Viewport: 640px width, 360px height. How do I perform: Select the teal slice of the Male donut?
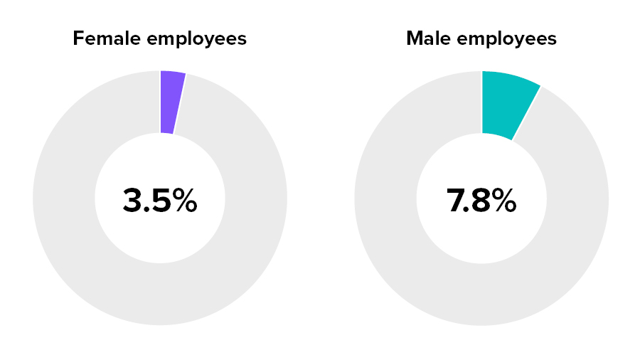tap(506, 103)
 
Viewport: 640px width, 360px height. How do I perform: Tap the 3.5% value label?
tap(160, 201)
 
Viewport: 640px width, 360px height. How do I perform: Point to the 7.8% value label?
tap(481, 201)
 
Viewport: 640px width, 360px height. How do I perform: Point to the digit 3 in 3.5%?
tap(132, 201)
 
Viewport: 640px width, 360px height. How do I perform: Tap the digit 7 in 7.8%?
tap(455, 201)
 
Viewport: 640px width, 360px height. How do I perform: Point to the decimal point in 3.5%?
tap(145, 211)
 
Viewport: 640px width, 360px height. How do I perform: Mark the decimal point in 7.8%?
tap(466, 211)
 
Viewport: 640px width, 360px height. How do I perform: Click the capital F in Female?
tap(78, 38)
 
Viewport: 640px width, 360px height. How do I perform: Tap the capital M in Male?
tap(414, 38)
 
